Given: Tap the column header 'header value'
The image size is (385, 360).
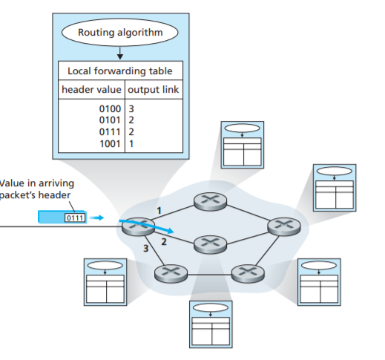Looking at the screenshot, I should tap(91, 90).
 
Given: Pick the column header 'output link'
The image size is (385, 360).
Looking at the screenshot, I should tap(154, 90).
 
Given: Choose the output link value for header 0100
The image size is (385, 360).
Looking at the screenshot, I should tap(132, 108).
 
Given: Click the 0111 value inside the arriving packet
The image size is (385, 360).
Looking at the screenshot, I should tap(75, 218).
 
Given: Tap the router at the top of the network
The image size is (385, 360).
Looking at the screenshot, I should tap(205, 200).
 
